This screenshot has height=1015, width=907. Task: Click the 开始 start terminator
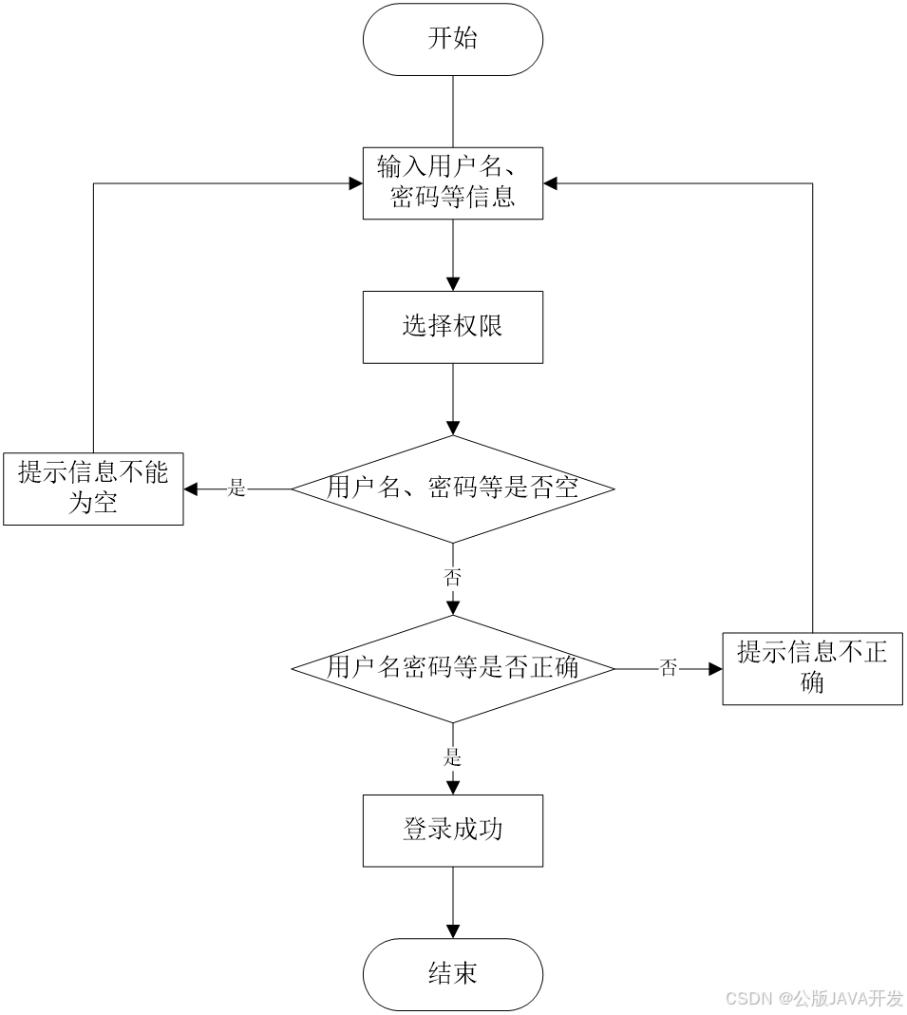click(x=453, y=40)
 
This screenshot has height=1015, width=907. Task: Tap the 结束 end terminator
click(x=453, y=974)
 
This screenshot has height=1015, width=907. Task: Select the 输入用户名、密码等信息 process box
click(x=453, y=183)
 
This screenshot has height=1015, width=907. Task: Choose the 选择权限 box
click(x=453, y=327)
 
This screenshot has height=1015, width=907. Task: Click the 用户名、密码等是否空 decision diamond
click(x=453, y=489)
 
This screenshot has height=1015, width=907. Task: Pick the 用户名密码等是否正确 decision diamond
click(x=453, y=669)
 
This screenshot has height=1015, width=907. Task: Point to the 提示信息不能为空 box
click(x=93, y=488)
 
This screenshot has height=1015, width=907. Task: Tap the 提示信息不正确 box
click(x=812, y=668)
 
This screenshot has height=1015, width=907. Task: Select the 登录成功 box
click(x=453, y=831)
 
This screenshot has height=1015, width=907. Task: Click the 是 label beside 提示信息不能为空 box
click(x=237, y=489)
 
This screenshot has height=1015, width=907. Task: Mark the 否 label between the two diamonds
click(x=453, y=579)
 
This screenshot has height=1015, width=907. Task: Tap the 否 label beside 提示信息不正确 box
click(x=669, y=669)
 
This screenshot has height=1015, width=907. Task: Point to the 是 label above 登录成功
click(x=453, y=758)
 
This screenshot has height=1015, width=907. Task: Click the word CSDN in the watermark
click(x=747, y=998)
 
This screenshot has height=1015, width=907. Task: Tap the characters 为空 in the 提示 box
click(x=93, y=503)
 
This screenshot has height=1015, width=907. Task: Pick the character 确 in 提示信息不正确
click(x=812, y=682)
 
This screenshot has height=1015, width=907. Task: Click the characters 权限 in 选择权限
click(x=479, y=327)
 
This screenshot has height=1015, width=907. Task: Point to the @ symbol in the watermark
click(x=784, y=998)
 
